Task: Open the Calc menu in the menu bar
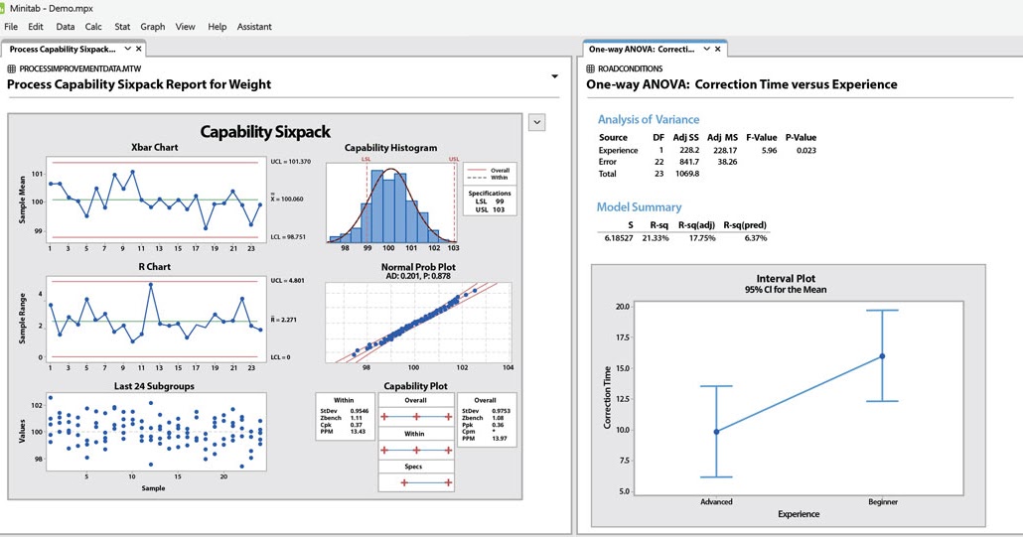(93, 27)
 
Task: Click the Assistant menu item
(254, 27)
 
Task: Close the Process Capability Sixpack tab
(139, 49)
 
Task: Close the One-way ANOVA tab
(718, 49)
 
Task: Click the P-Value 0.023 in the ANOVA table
(805, 151)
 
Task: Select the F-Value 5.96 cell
(769, 151)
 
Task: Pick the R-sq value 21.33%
(652, 238)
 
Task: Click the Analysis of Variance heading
(649, 120)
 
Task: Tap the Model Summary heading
(639, 207)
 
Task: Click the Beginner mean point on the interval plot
(882, 356)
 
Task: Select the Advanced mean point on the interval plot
(716, 432)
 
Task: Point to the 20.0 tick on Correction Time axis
(622, 307)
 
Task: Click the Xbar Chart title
(154, 148)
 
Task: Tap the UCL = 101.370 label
(290, 161)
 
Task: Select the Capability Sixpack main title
(265, 131)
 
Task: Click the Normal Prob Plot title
(418, 267)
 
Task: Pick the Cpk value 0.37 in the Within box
(358, 425)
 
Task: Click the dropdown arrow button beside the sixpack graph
(536, 122)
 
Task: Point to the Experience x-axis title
(799, 514)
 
